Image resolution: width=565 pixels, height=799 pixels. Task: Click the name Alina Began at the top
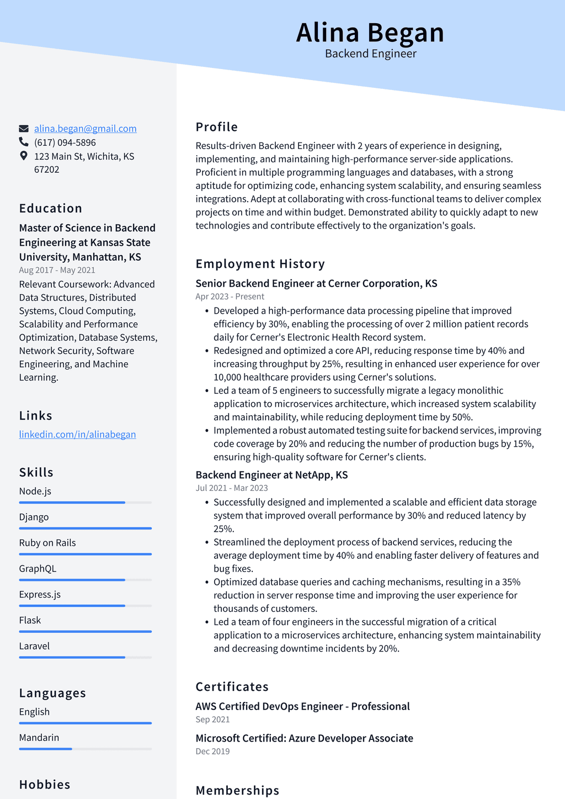coord(370,33)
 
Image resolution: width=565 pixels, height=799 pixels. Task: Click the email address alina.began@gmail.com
coord(86,129)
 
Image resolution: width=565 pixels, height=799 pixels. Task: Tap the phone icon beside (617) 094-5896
coord(24,142)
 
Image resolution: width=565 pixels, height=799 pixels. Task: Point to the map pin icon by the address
coord(24,156)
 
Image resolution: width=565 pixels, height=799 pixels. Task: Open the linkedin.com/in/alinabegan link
coord(77,435)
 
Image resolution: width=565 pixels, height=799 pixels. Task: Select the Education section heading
coord(51,209)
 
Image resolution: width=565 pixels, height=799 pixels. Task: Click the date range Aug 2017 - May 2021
coord(57,270)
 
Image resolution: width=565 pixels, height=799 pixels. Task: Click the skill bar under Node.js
coord(85,502)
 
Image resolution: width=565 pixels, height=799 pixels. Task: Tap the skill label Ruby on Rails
coord(47,543)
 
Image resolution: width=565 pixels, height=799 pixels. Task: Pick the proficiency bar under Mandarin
coord(85,749)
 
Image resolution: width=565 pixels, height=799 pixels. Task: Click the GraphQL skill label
coord(38,569)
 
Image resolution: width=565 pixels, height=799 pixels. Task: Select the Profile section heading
coord(217,127)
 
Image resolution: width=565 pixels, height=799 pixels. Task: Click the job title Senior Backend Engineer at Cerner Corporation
coord(316,283)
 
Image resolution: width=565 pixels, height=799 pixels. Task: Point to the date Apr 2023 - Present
coord(230,297)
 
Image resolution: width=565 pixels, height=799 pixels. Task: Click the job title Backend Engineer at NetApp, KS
coord(271,475)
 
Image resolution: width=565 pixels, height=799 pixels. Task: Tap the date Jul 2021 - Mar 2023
coord(232,488)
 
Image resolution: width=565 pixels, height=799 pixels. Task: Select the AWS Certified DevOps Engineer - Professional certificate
coord(302,706)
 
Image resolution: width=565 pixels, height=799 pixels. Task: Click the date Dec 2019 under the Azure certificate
coord(212,752)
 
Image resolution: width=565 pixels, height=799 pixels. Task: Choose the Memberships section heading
coord(237,791)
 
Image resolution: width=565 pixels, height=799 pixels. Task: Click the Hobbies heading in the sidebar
coord(45,785)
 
